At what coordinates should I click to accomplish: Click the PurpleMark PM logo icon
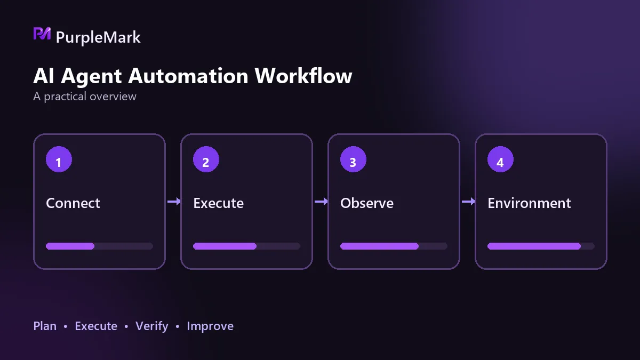point(42,34)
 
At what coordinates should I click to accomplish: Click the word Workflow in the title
point(303,76)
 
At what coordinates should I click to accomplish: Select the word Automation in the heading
point(188,76)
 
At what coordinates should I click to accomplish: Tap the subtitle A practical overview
point(85,97)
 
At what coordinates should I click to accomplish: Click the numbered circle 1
point(59,159)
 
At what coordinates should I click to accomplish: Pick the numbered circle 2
point(206,159)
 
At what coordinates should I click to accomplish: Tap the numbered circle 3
point(353,159)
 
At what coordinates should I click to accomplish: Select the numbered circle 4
point(500,159)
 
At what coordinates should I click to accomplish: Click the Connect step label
point(73,203)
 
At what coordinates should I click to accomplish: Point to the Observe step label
point(367,203)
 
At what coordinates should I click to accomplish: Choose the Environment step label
point(529,203)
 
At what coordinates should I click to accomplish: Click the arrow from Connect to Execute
point(174,202)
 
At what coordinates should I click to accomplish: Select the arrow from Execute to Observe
point(321,202)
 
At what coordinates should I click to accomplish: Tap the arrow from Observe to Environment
point(468,202)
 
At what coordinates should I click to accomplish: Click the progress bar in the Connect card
point(99,246)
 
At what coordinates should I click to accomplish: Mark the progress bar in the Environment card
point(541,246)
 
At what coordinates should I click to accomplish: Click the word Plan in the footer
point(45,326)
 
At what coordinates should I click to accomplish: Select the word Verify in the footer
point(151,326)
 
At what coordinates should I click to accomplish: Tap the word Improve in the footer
point(210,326)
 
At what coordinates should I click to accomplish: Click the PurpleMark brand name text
point(98,37)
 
